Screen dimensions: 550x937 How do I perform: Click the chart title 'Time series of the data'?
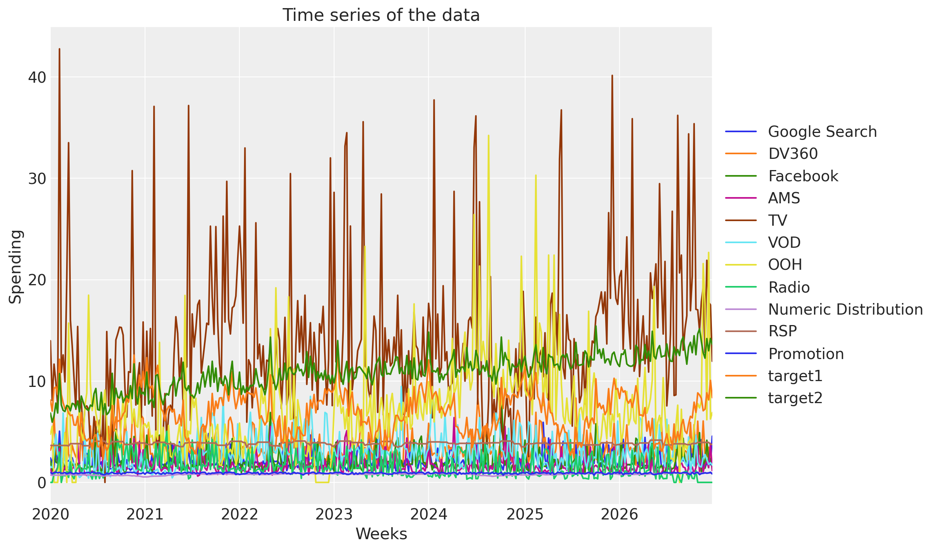[x=381, y=15]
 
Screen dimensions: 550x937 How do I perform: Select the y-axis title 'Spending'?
[x=15, y=267]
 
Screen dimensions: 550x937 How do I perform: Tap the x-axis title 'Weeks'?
[x=381, y=534]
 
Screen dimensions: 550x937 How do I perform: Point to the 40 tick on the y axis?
[x=37, y=77]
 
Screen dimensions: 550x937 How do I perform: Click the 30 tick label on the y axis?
[x=37, y=179]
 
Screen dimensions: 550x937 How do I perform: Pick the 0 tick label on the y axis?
[x=41, y=482]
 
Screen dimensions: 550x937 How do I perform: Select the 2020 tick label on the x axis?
[x=51, y=514]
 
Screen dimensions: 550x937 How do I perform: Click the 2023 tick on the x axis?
[x=334, y=514]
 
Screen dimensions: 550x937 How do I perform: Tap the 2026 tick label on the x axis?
[x=620, y=514]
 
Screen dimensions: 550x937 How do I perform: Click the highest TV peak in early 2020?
[x=59, y=49]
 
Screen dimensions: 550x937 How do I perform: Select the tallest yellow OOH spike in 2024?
[x=488, y=136]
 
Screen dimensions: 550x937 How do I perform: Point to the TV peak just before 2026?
[x=612, y=75]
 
